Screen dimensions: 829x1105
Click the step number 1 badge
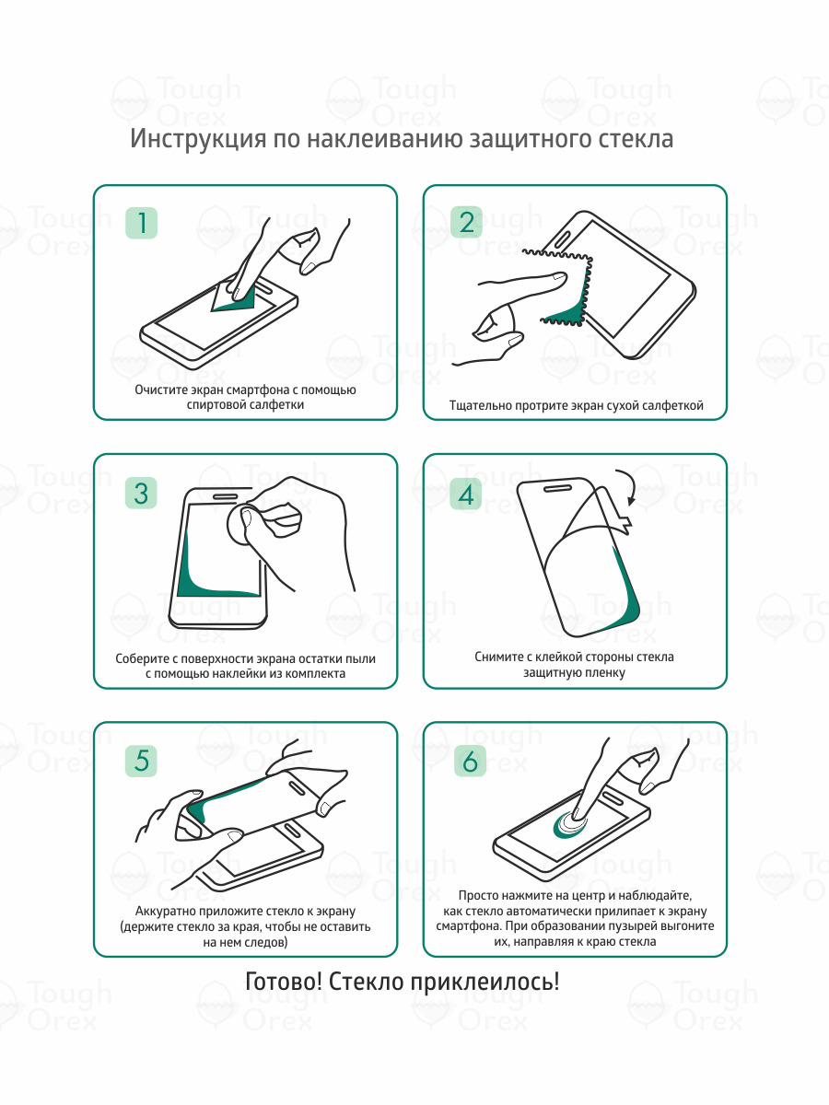point(142,223)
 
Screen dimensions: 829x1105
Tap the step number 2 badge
point(467,222)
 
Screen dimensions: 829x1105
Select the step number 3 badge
point(141,494)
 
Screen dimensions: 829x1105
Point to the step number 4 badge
point(465,494)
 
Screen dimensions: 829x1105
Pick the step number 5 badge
point(141,761)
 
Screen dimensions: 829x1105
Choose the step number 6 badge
point(470,761)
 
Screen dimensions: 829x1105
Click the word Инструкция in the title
point(198,139)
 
